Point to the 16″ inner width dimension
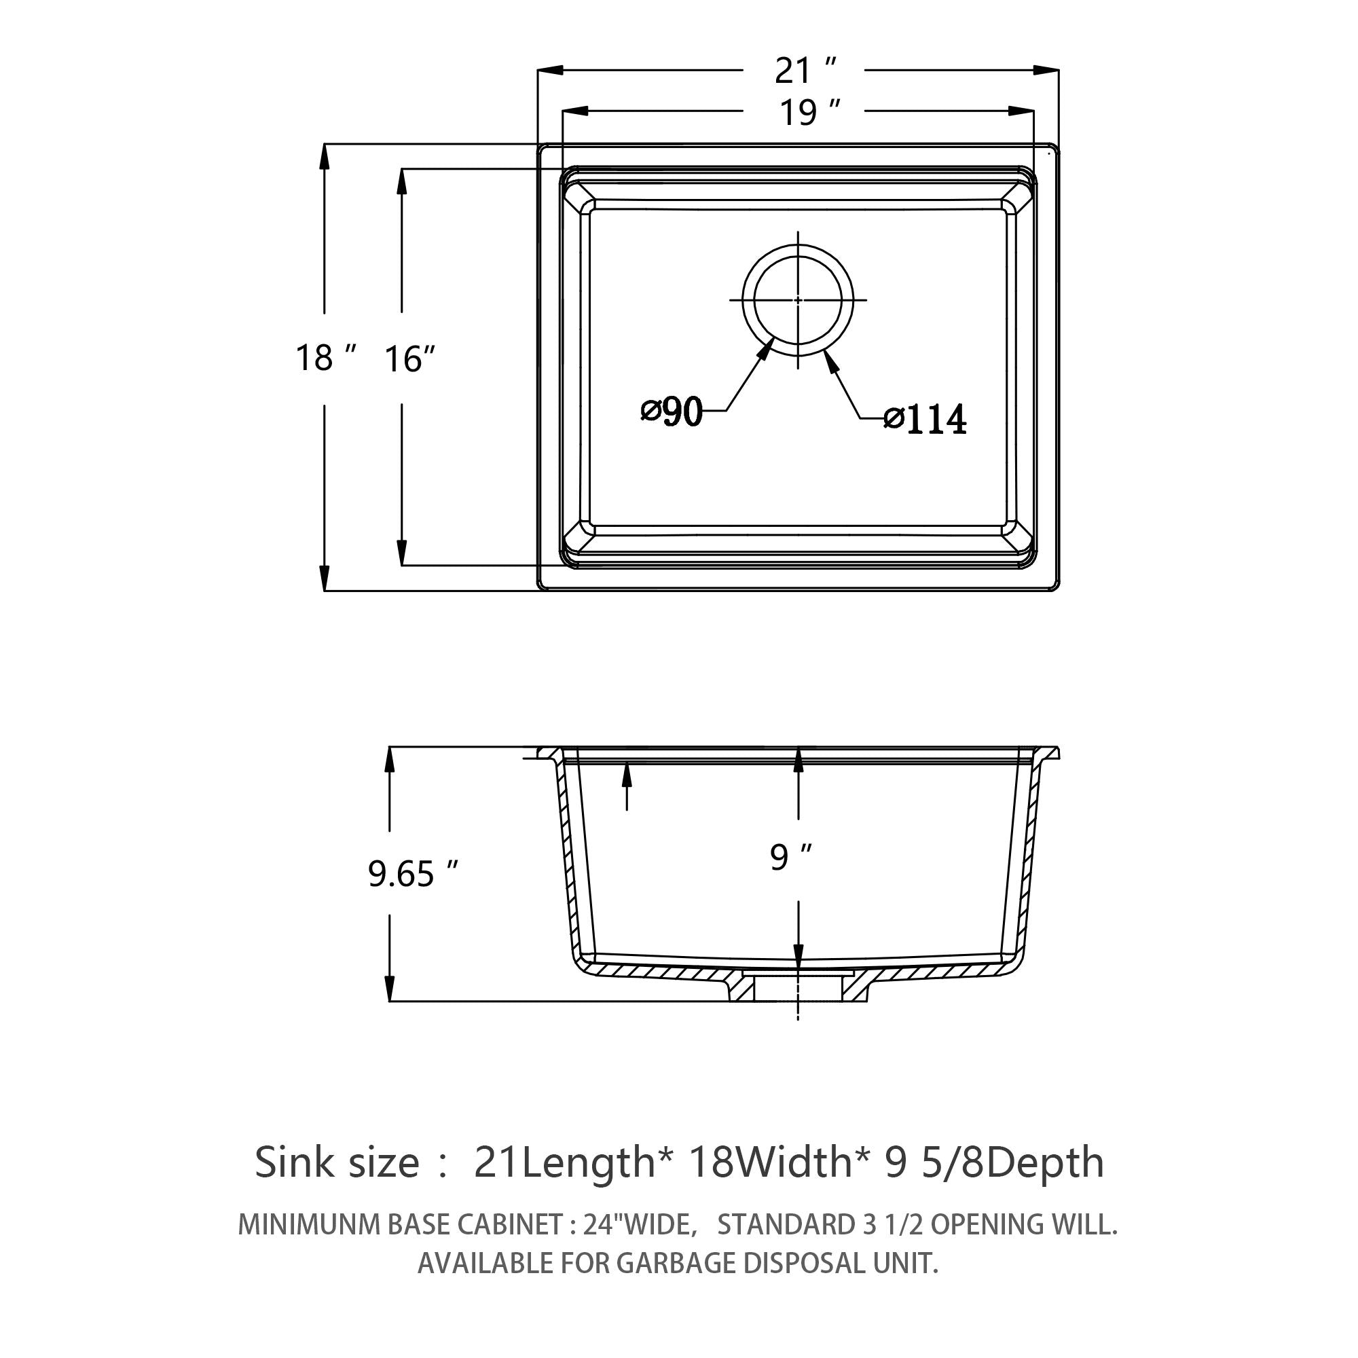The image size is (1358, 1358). coord(410,359)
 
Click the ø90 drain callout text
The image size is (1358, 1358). coord(672,412)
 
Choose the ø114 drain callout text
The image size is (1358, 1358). coord(925,420)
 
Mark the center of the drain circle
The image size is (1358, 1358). coord(798,300)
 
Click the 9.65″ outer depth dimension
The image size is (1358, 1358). coord(414,874)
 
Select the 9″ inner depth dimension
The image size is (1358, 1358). coord(791,857)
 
